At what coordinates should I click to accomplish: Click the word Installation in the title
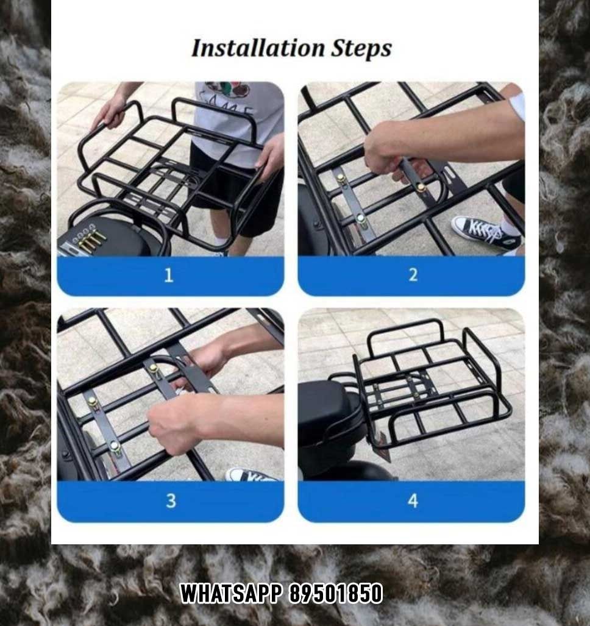click(258, 48)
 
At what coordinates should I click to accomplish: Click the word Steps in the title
click(361, 48)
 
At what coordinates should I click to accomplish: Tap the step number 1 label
click(169, 276)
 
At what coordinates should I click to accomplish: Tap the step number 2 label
click(413, 276)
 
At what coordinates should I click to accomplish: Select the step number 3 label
click(171, 500)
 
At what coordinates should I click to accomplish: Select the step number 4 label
click(413, 500)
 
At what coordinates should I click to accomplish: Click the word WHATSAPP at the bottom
click(231, 593)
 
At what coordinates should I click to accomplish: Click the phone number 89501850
click(336, 593)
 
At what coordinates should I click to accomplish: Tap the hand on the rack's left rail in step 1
click(110, 112)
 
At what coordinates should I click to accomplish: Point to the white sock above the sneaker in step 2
click(509, 228)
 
